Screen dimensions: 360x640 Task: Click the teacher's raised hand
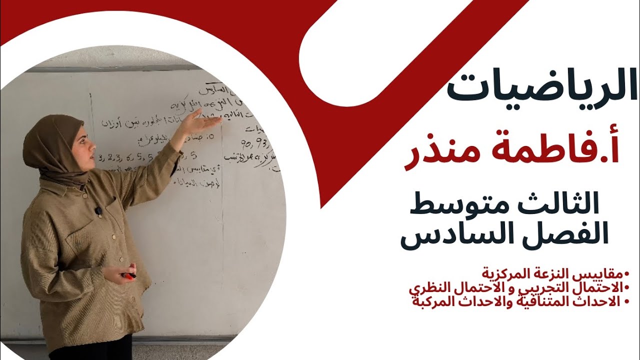pyautogui.click(x=202, y=122)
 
